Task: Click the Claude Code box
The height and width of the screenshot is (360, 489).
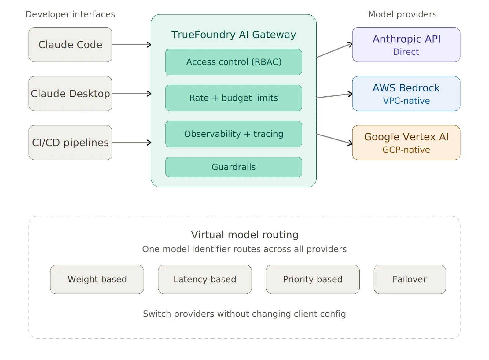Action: coord(70,45)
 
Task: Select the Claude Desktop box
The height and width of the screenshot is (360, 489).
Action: coord(70,94)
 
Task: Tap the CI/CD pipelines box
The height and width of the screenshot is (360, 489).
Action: coord(70,143)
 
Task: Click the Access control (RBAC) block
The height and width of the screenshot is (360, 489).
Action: coord(233,62)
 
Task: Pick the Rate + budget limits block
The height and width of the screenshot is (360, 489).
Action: coord(233,98)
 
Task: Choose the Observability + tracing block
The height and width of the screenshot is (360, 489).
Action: coord(233,134)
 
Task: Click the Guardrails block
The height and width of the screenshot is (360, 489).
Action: coord(233,167)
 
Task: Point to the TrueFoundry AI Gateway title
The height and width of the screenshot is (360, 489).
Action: coord(233,35)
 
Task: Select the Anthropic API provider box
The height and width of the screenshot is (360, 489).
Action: coord(406,45)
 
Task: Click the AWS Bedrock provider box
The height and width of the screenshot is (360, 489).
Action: coord(406,94)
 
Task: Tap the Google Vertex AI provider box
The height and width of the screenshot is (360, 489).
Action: coord(406,143)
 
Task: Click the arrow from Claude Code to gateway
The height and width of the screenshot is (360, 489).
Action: coord(131,45)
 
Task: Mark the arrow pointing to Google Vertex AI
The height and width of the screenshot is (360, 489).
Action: coord(334,139)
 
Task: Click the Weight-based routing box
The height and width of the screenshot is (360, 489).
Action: coord(97,279)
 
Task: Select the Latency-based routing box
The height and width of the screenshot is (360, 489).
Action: coord(205,279)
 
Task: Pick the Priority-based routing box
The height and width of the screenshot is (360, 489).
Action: coord(313,279)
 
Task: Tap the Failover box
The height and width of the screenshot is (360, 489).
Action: coord(410,279)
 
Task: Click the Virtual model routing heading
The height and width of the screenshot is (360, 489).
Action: coord(244,235)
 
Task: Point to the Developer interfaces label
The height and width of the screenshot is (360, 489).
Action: coord(70,14)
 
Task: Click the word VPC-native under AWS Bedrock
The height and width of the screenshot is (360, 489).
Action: coord(406,101)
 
